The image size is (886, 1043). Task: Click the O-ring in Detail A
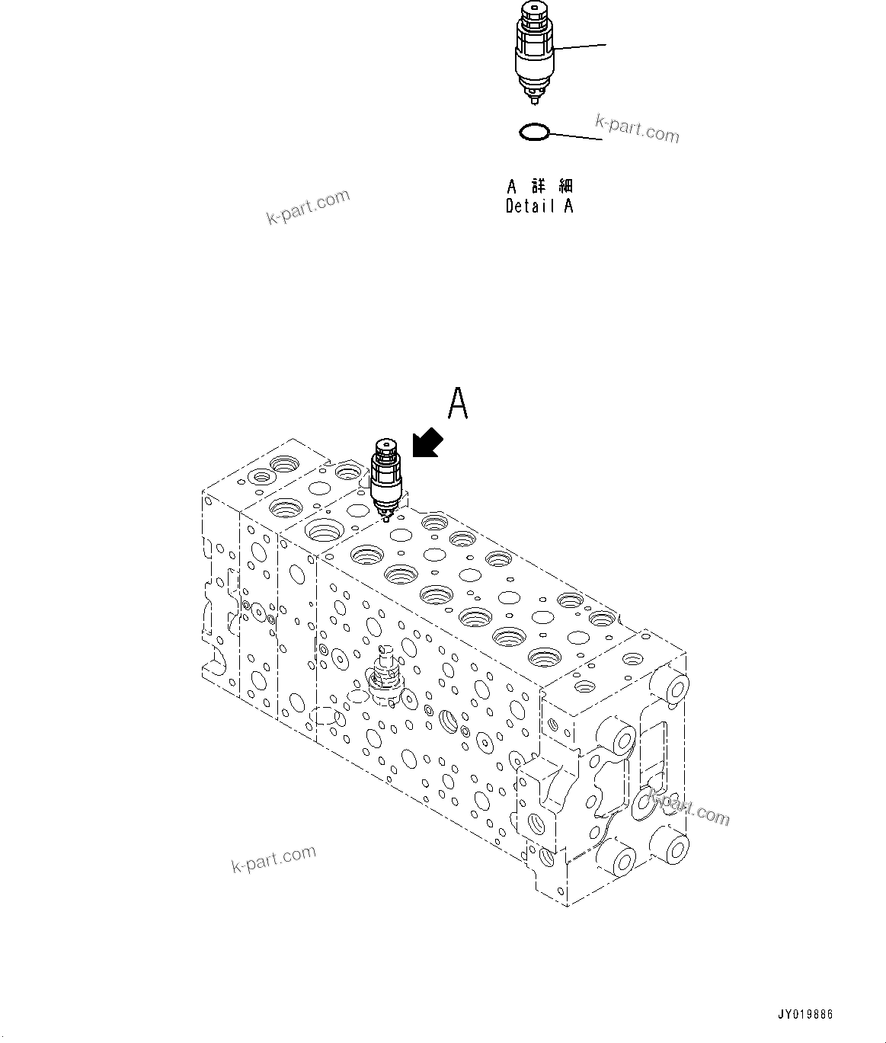pyautogui.click(x=533, y=133)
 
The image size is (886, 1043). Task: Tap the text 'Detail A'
pyautogui.click(x=539, y=206)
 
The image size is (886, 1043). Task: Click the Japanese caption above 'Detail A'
pyautogui.click(x=539, y=186)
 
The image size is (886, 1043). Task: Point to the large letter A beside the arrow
pyautogui.click(x=457, y=404)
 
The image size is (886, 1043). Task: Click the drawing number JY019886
pyautogui.click(x=805, y=1015)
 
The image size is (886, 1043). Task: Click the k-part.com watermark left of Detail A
pyautogui.click(x=308, y=207)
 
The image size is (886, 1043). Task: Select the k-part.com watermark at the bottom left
pyautogui.click(x=273, y=859)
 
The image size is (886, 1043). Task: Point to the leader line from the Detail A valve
pyautogui.click(x=581, y=46)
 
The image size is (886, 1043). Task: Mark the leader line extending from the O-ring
pyautogui.click(x=576, y=136)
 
